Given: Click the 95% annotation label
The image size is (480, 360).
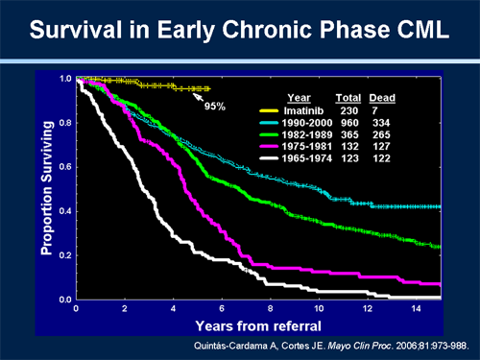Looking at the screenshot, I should pyautogui.click(x=214, y=106).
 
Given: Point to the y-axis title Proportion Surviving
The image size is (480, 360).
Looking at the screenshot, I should pyautogui.click(x=45, y=188).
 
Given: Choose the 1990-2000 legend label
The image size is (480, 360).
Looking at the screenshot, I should pyautogui.click(x=301, y=125).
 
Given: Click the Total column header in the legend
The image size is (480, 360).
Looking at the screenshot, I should pyautogui.click(x=348, y=98).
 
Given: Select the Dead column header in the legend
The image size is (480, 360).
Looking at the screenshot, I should pyautogui.click(x=383, y=98).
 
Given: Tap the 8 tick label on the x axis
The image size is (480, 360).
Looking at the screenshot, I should pyautogui.click(x=271, y=309).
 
